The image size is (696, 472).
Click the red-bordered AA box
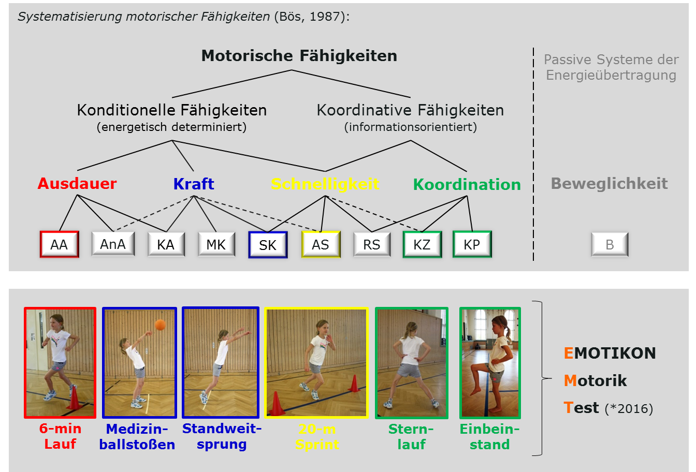click(60, 244)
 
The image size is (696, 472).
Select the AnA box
click(113, 244)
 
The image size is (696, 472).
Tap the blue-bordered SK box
click(268, 245)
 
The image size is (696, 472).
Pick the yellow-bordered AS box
click(321, 244)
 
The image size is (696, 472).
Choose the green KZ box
click(422, 244)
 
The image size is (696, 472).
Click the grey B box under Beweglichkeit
click(610, 244)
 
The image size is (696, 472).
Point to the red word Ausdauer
click(77, 184)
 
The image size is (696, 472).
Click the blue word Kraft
click(194, 184)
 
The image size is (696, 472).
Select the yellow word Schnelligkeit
click(325, 184)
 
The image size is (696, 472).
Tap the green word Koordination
click(467, 184)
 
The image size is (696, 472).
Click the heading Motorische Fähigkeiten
click(299, 56)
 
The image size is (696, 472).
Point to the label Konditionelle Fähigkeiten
click(172, 110)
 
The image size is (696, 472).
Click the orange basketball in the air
click(160, 325)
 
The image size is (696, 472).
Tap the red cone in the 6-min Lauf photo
click(74, 398)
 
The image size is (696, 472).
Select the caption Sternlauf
click(411, 437)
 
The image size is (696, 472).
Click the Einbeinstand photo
click(490, 363)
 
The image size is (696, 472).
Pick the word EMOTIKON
click(610, 353)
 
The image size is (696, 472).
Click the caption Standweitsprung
click(222, 437)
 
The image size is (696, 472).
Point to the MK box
click(216, 244)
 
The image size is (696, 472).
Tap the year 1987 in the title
click(324, 17)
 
